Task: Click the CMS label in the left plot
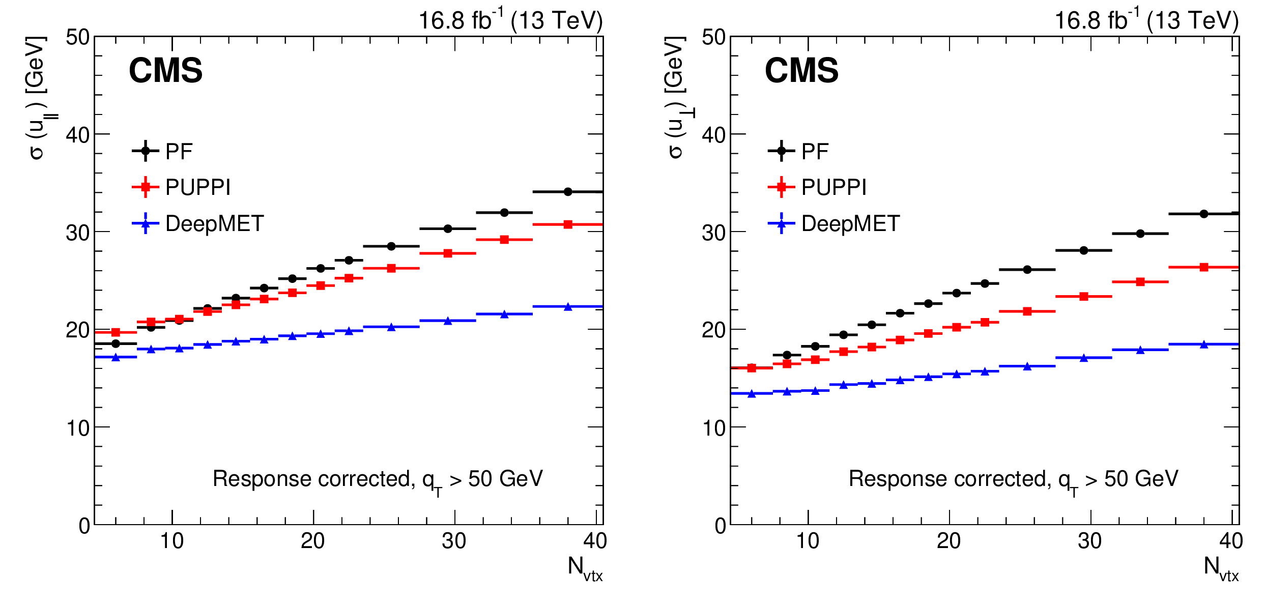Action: [165, 70]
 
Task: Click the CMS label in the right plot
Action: [801, 70]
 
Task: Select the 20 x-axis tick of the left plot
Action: [312, 541]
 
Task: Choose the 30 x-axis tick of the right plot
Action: [1089, 541]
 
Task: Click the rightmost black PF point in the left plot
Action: [568, 192]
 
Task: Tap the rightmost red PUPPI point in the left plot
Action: [568, 224]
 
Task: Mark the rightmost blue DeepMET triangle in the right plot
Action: [1204, 344]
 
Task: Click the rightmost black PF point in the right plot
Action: [1204, 214]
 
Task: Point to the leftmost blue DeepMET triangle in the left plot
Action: [116, 357]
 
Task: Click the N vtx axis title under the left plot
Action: [585, 568]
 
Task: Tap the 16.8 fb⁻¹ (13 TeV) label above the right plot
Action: [1146, 20]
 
